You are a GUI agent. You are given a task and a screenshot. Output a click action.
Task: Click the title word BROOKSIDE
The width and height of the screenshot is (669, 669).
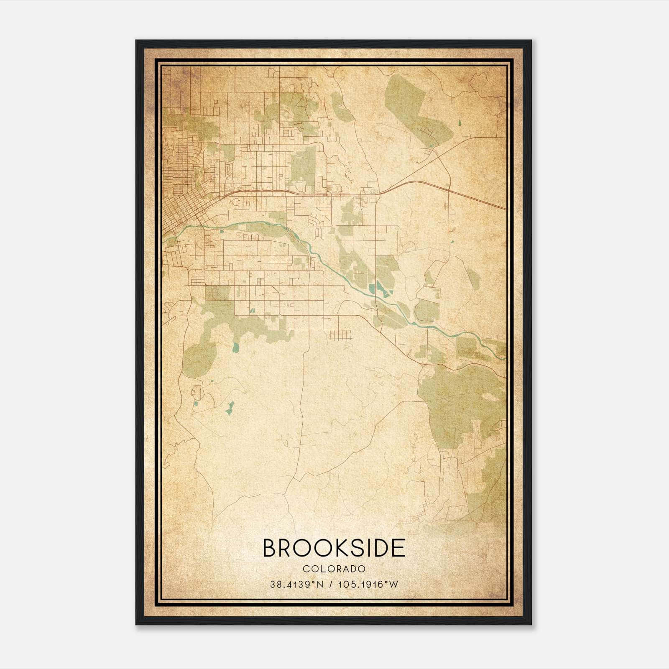pyautogui.click(x=334, y=548)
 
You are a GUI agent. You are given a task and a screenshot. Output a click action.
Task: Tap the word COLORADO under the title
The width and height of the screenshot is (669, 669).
pyautogui.click(x=334, y=569)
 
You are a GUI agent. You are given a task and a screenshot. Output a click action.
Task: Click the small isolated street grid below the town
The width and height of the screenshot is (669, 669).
pyautogui.click(x=340, y=334)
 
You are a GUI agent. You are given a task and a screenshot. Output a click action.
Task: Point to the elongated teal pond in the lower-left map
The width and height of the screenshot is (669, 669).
pyautogui.click(x=230, y=408)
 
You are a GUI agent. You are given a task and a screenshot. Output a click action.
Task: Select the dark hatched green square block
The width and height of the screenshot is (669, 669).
pyautogui.click(x=217, y=293)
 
